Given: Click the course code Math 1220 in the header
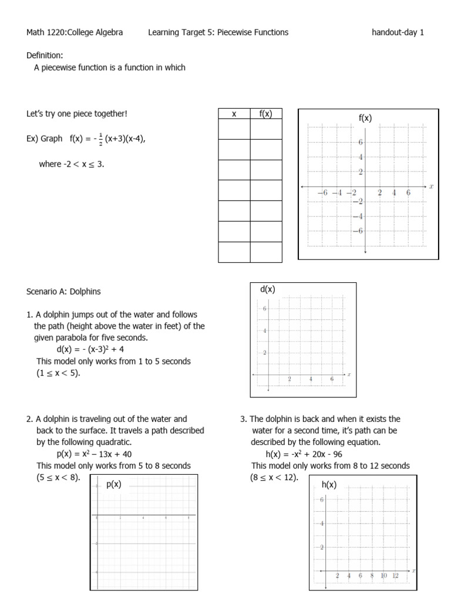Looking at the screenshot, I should tap(46, 32).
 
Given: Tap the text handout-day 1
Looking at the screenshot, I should tap(398, 32).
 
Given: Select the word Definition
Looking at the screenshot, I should tap(44, 55).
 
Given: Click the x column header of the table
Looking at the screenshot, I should tap(234, 114).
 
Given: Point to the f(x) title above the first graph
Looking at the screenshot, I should tap(365, 118).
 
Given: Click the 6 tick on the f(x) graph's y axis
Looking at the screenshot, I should tap(361, 143).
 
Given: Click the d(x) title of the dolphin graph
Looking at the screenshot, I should tap(267, 289).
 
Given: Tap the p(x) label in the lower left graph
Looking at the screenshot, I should tap(113, 484).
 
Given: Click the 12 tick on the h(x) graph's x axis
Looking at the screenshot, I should tap(395, 576).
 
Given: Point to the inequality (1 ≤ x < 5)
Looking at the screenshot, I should tap(58, 373).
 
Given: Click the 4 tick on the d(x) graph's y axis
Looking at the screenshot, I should tap(265, 331).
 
